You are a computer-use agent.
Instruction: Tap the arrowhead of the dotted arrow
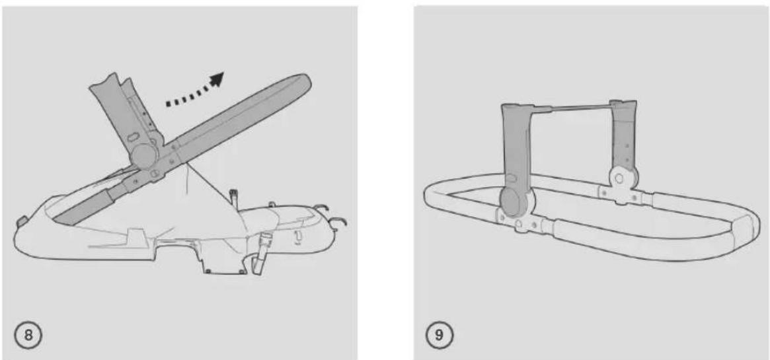(x=216, y=80)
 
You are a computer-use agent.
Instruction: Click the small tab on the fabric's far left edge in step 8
(x=21, y=221)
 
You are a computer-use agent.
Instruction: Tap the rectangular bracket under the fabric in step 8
(x=223, y=260)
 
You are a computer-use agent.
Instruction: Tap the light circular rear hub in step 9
(x=621, y=180)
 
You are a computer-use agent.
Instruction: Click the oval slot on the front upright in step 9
(x=510, y=178)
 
